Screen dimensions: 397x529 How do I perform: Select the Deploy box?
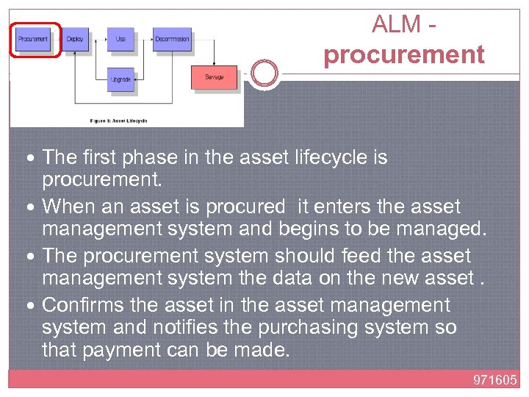point(75,39)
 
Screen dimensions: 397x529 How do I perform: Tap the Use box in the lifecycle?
point(120,39)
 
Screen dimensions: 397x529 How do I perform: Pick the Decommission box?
point(173,39)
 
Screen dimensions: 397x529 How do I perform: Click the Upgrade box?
point(120,79)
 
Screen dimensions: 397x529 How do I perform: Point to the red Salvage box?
point(214,77)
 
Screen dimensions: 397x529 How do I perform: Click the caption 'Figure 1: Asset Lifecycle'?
point(118,120)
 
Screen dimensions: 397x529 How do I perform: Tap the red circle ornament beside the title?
point(264,74)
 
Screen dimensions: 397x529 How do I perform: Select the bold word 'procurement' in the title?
point(404,54)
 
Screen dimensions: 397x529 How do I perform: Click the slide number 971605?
point(494,380)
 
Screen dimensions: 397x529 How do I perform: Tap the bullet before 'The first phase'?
point(35,158)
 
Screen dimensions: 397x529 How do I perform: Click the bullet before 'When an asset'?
point(35,207)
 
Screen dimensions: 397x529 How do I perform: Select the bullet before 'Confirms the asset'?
point(35,305)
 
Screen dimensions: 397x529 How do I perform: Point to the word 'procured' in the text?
point(246,207)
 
